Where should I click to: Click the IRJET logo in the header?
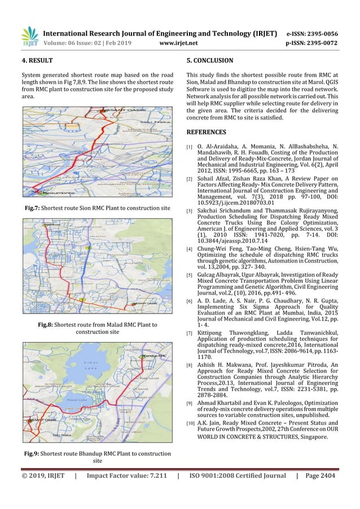29,35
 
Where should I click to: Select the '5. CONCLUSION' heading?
209,60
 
